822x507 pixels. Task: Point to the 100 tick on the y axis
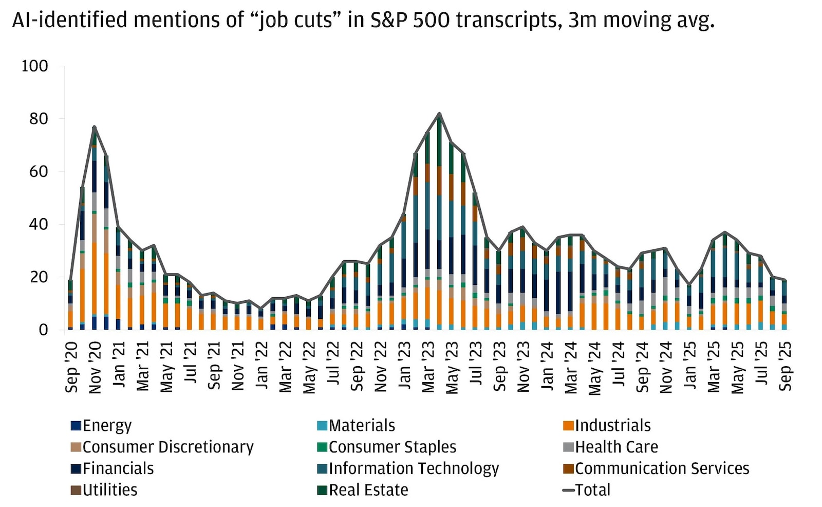tap(34, 66)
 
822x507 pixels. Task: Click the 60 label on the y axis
tap(39, 172)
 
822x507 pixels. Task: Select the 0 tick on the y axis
tap(43, 330)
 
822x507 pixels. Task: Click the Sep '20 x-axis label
tap(71, 366)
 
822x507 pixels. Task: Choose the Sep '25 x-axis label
tap(786, 366)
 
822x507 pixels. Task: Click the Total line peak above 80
tap(439, 114)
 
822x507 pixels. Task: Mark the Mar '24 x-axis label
tap(571, 367)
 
